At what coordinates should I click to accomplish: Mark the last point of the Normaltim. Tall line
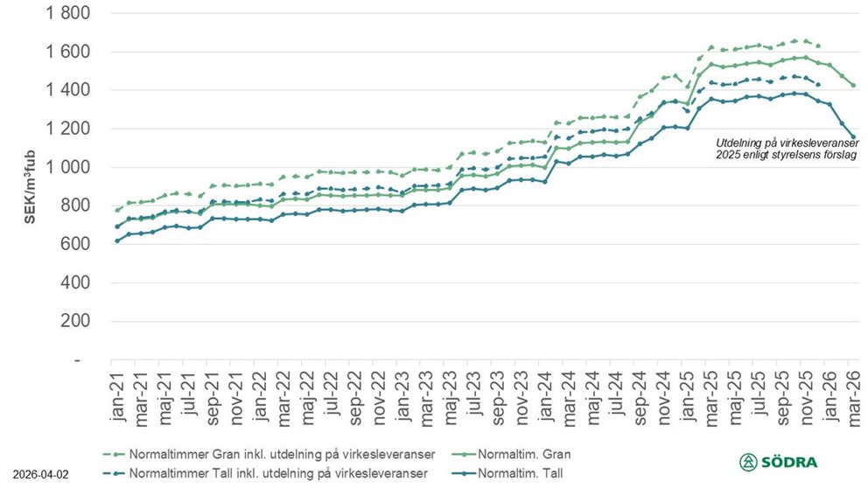(853, 137)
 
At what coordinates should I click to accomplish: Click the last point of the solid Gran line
(853, 86)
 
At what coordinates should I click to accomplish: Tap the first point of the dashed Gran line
(116, 210)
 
